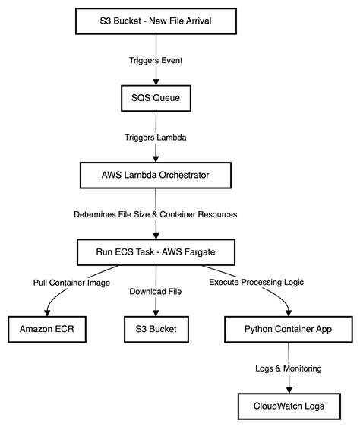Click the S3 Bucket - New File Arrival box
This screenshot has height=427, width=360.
156,21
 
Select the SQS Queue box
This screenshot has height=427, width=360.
156,98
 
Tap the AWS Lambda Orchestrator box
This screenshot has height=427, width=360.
156,176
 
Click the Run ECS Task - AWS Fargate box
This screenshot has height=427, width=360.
156,253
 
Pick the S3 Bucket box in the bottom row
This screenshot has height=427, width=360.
156,330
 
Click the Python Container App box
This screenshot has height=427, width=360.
288,330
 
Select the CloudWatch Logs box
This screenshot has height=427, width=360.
288,406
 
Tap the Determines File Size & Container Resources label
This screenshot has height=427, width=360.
156,214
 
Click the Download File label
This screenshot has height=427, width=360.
156,291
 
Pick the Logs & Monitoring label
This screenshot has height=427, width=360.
288,368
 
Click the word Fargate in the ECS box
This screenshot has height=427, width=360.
212,253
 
